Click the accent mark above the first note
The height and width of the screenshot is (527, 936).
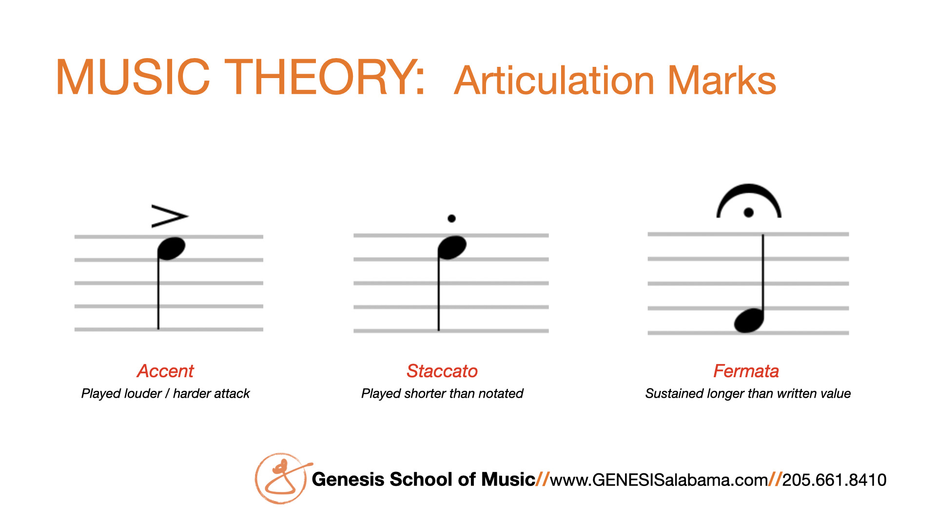click(x=170, y=216)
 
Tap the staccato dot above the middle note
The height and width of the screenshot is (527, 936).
click(x=451, y=219)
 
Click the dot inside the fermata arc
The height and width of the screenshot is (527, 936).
click(x=749, y=212)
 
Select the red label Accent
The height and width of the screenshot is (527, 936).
click(x=165, y=371)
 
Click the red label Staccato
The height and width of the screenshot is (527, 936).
click(x=442, y=371)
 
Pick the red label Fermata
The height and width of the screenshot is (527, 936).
click(x=746, y=371)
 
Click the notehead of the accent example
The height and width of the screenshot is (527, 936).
click(x=172, y=248)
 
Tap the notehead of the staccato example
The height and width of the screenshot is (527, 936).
click(x=452, y=247)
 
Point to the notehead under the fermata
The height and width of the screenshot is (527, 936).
click(x=749, y=321)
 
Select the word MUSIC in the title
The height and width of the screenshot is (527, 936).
click(x=133, y=77)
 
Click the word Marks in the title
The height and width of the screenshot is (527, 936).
click(x=721, y=81)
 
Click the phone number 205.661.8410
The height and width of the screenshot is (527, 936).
click(x=834, y=480)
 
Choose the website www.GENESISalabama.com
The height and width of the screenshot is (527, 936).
click(x=659, y=480)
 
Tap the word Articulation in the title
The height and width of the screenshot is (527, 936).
click(x=554, y=81)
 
